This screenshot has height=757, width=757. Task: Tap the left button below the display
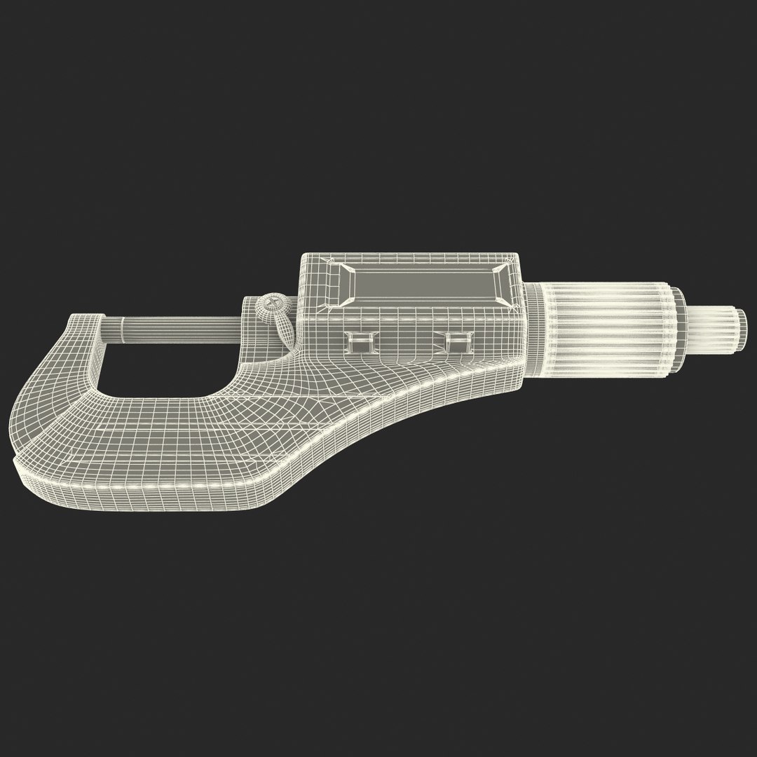point(362,342)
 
